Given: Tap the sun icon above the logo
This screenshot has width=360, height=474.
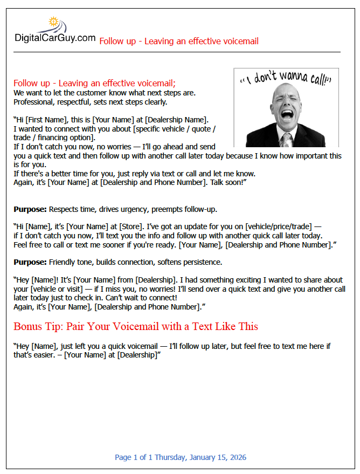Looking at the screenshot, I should [x=53, y=22].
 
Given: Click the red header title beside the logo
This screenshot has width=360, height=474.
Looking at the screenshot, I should [x=179, y=41].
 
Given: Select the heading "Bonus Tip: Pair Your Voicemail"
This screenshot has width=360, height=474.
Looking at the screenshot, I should [x=136, y=326].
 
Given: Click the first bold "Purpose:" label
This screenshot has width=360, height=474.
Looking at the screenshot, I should [x=30, y=209].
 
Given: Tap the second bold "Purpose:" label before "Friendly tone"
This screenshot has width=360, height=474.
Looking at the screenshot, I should [x=30, y=262].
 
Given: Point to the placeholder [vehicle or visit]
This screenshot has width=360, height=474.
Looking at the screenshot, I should [x=58, y=289].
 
